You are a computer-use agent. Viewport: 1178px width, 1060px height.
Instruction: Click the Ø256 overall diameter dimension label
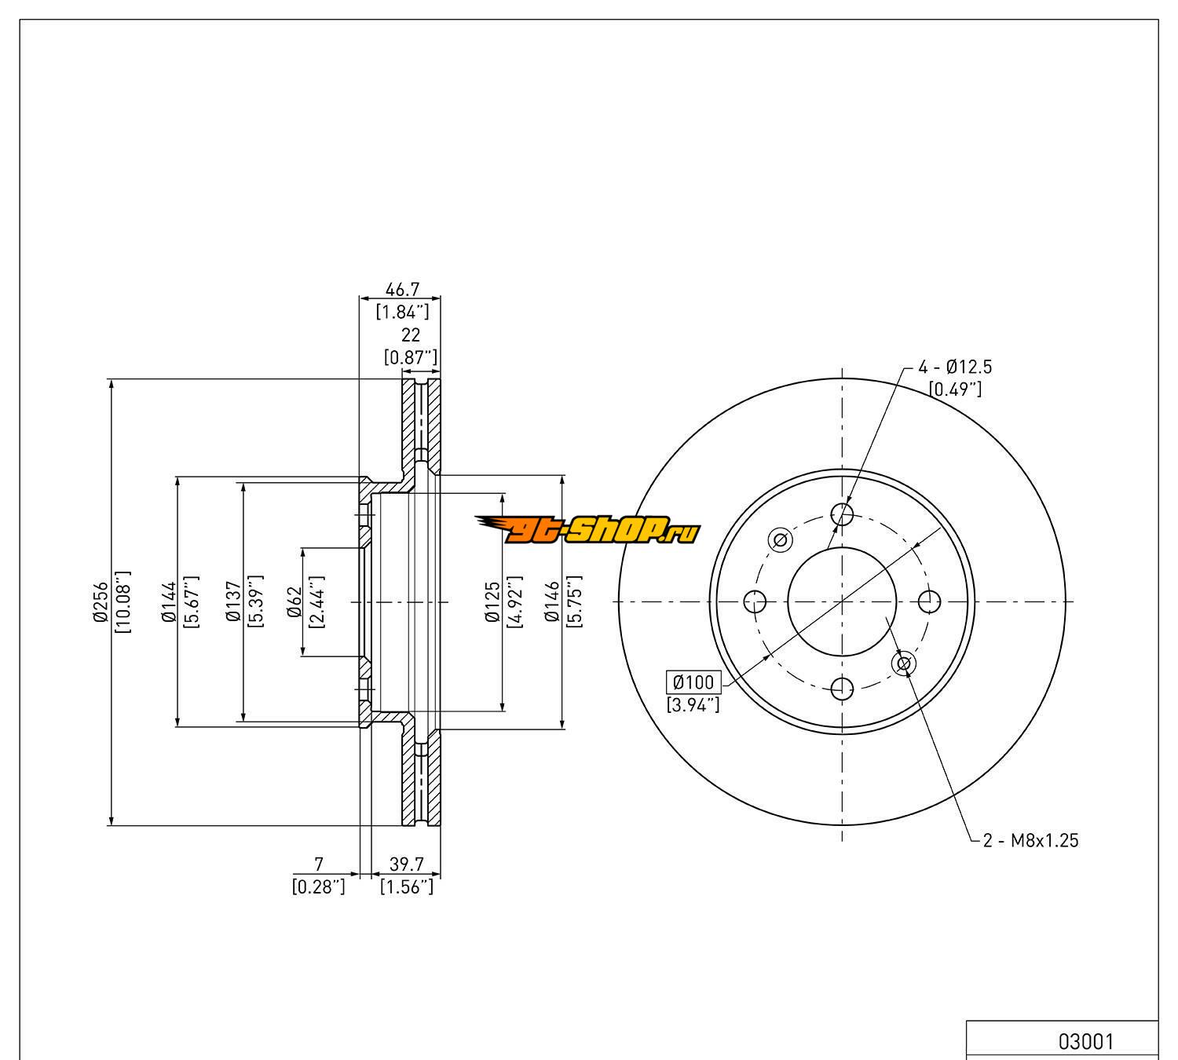point(101,602)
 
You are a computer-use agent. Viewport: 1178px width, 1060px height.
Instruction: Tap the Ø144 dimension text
point(168,602)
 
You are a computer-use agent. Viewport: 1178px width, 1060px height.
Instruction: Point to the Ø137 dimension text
point(233,602)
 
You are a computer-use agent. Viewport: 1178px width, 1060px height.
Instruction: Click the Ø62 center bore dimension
point(295,602)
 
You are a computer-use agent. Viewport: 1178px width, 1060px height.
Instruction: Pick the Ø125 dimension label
point(492,602)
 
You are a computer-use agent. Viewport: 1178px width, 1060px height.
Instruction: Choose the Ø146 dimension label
point(552,602)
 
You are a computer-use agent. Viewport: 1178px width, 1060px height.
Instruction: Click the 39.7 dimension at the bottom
point(407,864)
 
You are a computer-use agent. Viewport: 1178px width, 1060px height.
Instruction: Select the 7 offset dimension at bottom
point(318,864)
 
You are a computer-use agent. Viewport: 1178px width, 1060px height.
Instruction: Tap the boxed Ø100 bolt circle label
point(692,682)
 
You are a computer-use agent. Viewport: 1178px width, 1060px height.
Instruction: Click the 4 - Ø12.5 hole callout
point(955,367)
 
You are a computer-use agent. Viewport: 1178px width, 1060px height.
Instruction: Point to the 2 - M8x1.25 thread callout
point(1030,841)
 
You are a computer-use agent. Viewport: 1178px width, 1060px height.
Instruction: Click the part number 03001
point(1086,1041)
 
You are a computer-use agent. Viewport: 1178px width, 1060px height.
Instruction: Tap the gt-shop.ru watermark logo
point(587,530)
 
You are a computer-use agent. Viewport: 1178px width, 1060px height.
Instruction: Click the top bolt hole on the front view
point(842,514)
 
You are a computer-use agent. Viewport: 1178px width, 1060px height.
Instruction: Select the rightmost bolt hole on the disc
point(929,602)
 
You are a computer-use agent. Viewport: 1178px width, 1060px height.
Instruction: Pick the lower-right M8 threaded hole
point(903,664)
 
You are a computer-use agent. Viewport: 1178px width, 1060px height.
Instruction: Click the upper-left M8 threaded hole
point(780,540)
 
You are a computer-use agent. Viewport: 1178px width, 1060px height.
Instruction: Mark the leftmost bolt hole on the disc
point(755,602)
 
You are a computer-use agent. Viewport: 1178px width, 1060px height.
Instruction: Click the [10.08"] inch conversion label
point(123,602)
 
